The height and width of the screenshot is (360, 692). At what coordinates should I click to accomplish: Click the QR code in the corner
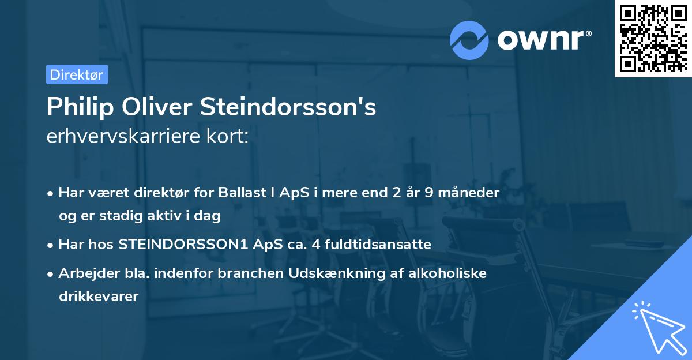tap(653, 39)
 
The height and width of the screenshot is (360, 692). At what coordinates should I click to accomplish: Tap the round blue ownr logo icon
tap(469, 40)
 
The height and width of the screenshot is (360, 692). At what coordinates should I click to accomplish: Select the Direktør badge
tap(77, 74)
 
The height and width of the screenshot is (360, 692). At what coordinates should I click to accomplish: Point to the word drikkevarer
tap(99, 297)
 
